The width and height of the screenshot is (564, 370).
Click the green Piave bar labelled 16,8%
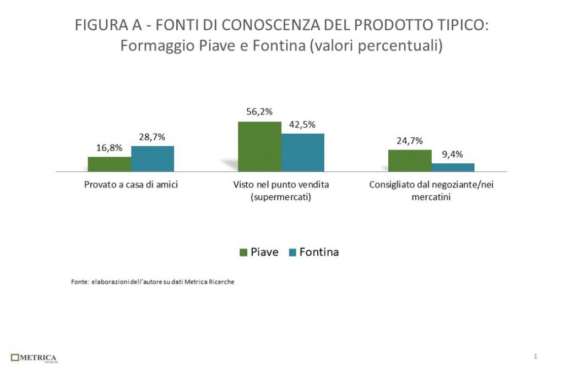pos(109,164)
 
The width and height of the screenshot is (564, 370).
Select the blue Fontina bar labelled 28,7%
pos(153,159)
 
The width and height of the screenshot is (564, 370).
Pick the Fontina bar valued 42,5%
pos(303,152)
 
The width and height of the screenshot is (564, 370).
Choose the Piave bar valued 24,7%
pos(410,161)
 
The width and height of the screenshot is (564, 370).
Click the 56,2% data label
pos(259,112)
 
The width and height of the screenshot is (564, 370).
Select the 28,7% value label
pos(152,137)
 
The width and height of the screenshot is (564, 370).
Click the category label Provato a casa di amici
pos(131,185)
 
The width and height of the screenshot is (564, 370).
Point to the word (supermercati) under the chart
pos(281,197)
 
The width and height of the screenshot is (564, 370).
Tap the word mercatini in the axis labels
pos(431,197)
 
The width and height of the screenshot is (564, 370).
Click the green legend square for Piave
pos(243,252)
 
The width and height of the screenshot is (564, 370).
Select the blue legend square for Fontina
pos(292,252)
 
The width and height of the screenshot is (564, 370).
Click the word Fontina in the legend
pos(319,252)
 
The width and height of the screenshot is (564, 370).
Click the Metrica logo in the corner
pos(34,358)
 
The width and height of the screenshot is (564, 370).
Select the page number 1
pos(535,357)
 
